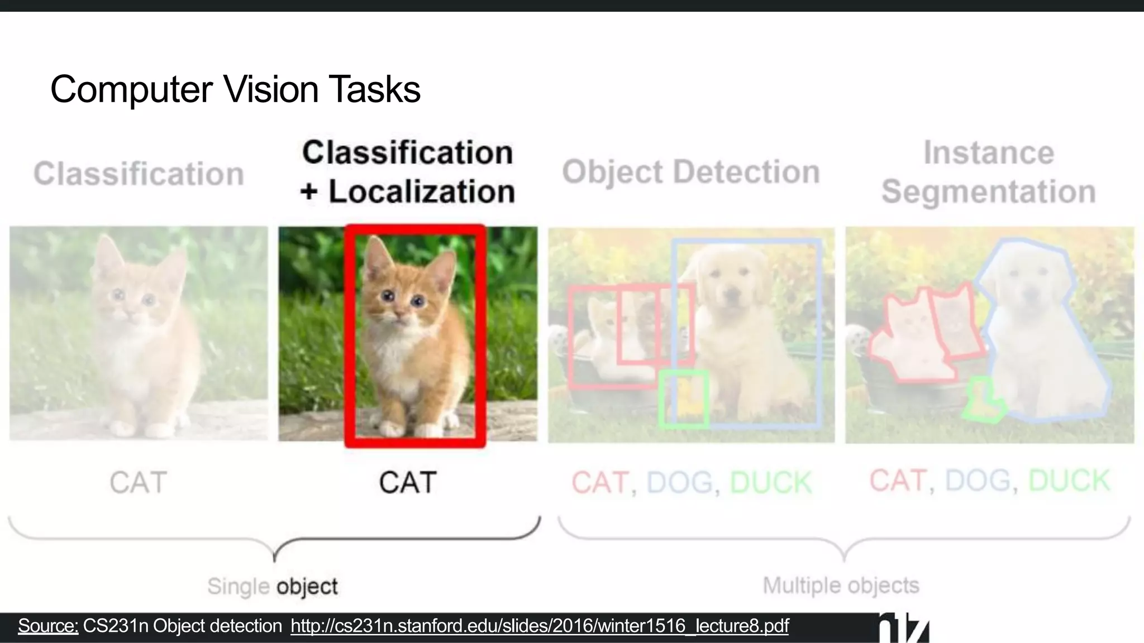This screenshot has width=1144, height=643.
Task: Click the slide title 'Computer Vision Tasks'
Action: pyautogui.click(x=235, y=89)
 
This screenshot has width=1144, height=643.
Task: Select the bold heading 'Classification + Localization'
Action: pyautogui.click(x=408, y=172)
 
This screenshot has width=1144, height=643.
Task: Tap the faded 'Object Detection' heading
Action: pyautogui.click(x=691, y=172)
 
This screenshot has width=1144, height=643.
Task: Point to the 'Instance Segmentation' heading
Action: pyautogui.click(x=988, y=172)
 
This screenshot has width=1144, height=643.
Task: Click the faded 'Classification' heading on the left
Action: pyautogui.click(x=139, y=174)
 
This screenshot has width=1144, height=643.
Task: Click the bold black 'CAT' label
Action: pyautogui.click(x=408, y=483)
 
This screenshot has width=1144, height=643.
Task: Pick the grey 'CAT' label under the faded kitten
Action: pyautogui.click(x=139, y=483)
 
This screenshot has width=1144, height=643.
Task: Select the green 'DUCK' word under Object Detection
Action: pyautogui.click(x=770, y=483)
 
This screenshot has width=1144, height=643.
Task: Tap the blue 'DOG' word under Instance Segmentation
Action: pyautogui.click(x=978, y=481)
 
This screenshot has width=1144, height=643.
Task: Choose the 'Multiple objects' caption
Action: pyautogui.click(x=841, y=586)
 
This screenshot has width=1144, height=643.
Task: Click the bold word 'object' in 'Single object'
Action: pyautogui.click(x=307, y=587)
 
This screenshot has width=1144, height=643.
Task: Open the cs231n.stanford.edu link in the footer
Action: pyautogui.click(x=539, y=626)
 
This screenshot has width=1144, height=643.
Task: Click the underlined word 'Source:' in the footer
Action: pyautogui.click(x=48, y=626)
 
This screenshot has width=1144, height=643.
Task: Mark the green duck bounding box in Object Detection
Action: pyautogui.click(x=684, y=399)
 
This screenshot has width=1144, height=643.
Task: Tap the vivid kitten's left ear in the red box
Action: pyautogui.click(x=373, y=254)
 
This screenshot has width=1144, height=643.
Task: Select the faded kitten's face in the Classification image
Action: pyautogui.click(x=133, y=301)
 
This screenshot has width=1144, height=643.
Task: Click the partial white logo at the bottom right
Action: pyautogui.click(x=904, y=628)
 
